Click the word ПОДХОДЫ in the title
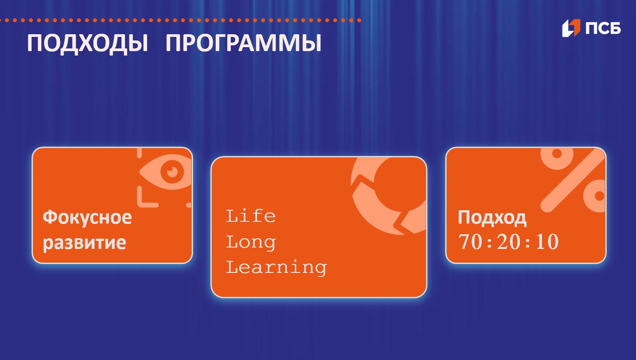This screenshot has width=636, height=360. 88,44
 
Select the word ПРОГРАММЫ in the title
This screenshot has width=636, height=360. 243,44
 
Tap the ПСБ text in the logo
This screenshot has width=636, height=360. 603,28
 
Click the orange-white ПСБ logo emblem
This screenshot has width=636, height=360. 571,28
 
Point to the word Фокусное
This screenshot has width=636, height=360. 87,217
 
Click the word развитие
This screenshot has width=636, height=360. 84,243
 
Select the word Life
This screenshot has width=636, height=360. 251,216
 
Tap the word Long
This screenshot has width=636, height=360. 251,242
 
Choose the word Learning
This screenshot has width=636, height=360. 276,268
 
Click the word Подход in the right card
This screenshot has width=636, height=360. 492,218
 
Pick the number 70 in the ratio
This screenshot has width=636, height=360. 470,242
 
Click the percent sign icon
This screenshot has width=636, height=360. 574,180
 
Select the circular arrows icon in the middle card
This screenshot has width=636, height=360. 389,196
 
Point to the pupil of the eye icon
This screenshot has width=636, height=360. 171,171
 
